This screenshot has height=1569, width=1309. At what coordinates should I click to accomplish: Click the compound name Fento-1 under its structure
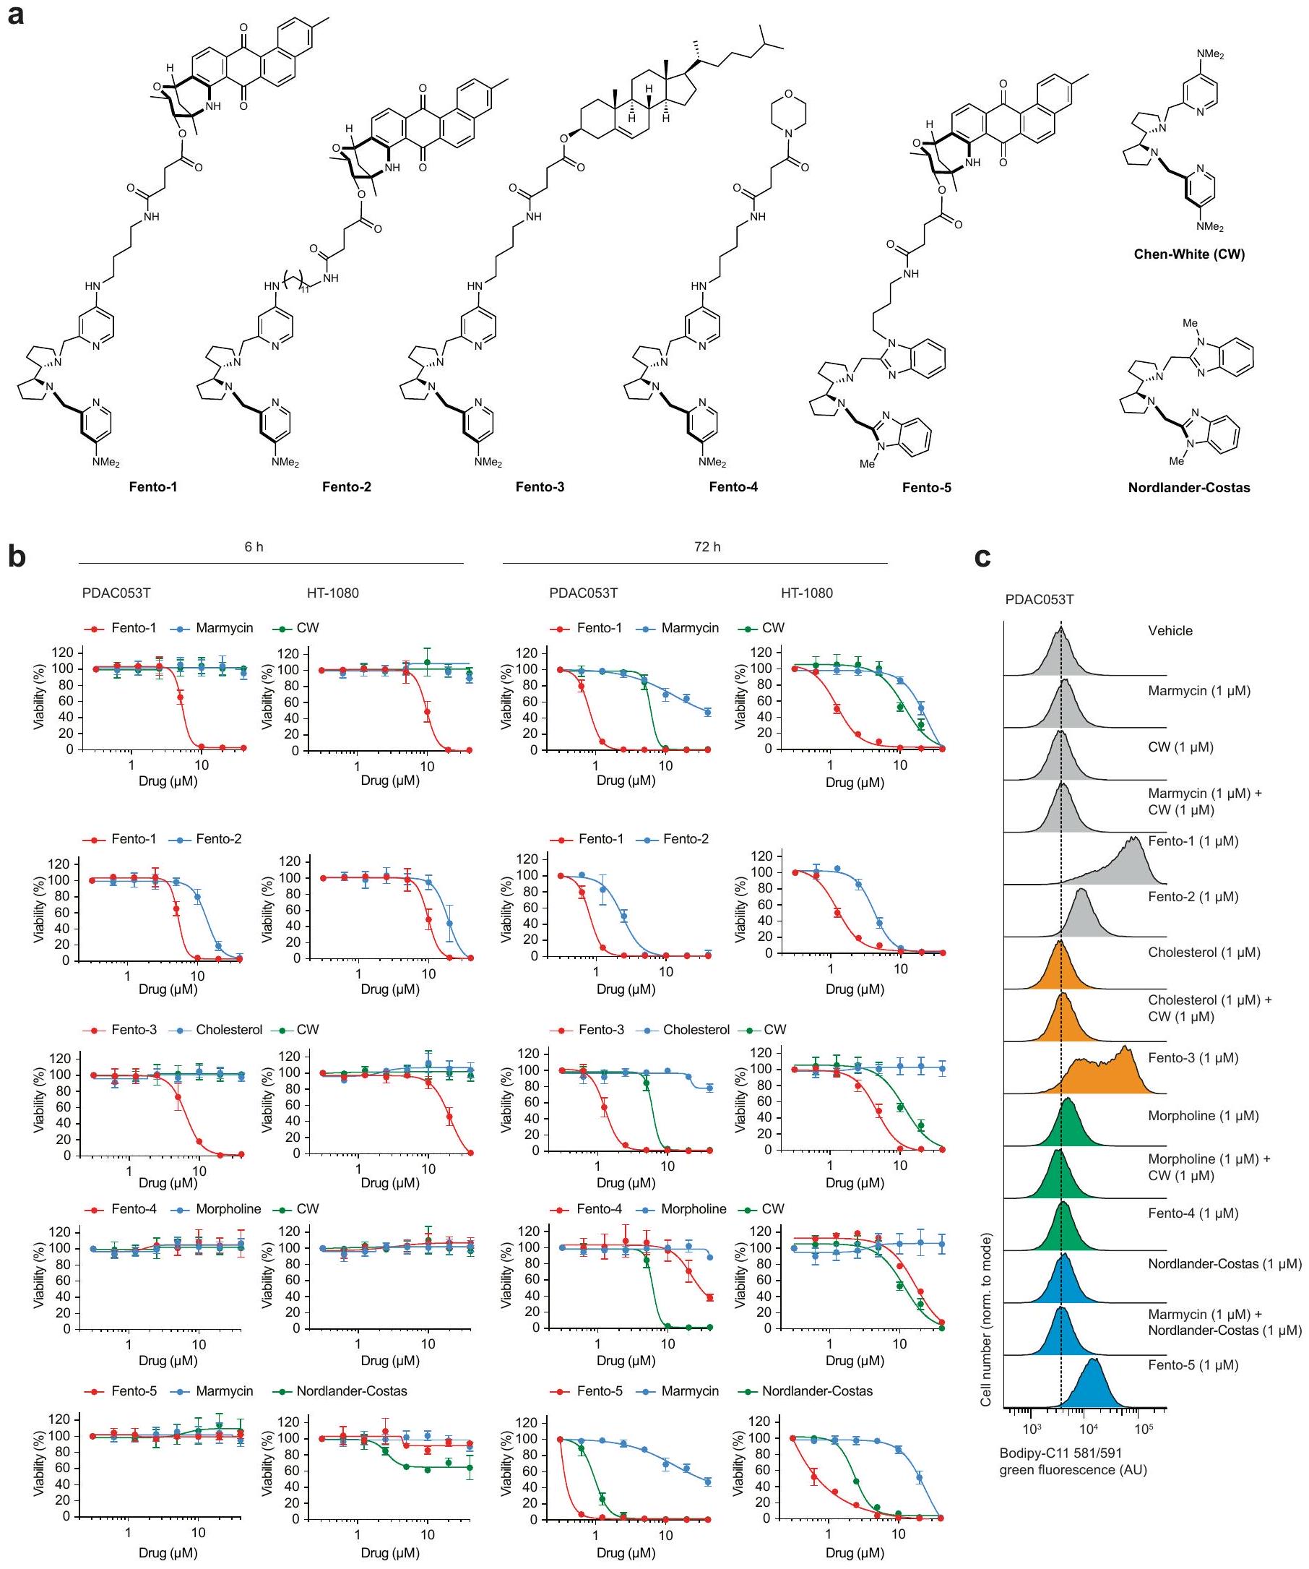[x=152, y=487]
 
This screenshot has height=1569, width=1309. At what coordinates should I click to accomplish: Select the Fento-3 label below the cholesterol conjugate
[x=539, y=487]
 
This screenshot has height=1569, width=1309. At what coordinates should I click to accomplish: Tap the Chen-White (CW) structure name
[x=1189, y=254]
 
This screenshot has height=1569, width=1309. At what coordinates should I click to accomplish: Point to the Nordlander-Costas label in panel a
[x=1189, y=488]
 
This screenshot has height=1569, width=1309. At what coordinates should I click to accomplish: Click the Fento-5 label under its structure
[x=926, y=488]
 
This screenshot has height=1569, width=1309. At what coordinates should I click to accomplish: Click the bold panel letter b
[x=17, y=556]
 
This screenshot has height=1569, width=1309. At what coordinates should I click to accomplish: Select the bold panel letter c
[x=982, y=556]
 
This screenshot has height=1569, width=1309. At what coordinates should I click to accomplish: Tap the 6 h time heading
[x=254, y=547]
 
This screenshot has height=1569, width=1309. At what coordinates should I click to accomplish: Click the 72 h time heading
[x=707, y=547]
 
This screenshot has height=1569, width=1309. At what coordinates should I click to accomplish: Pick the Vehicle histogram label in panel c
[x=1170, y=631]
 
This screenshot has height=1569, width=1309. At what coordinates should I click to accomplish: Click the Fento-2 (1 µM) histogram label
[x=1193, y=897]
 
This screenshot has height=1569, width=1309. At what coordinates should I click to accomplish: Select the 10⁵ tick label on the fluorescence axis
[x=1144, y=1429]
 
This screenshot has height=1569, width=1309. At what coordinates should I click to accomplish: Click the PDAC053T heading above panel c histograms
[x=1040, y=599]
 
